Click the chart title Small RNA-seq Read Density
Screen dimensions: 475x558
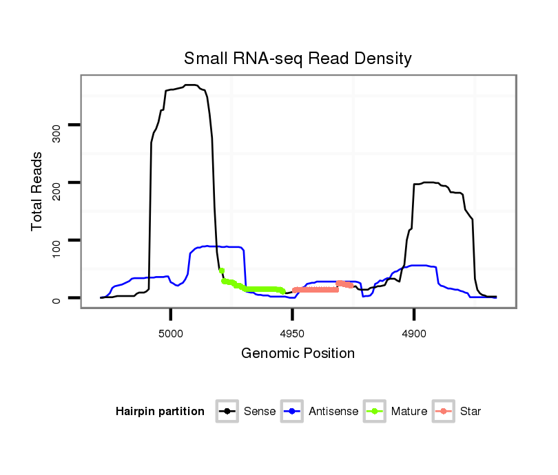[x=298, y=59]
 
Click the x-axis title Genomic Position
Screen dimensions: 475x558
[x=298, y=354]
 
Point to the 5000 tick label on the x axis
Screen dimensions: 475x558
[x=171, y=332]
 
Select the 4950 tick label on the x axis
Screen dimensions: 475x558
[x=292, y=332]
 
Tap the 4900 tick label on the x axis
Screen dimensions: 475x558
[x=413, y=332]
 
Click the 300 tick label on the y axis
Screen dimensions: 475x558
[x=56, y=132]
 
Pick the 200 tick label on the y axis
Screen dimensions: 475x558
[x=56, y=189]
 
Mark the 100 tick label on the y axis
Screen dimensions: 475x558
[x=56, y=247]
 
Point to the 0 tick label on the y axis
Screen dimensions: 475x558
[x=56, y=299]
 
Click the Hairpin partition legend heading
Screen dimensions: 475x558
[x=160, y=412]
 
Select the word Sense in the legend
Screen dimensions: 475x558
[x=260, y=412]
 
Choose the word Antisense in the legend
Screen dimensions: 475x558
[x=333, y=412]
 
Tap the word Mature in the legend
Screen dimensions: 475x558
[x=409, y=412]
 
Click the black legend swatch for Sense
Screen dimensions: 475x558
[x=227, y=412]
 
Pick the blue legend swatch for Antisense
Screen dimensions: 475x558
[x=293, y=412]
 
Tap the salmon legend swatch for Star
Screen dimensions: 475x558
[x=444, y=412]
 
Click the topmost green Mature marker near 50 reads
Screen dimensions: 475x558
[x=221, y=271]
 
